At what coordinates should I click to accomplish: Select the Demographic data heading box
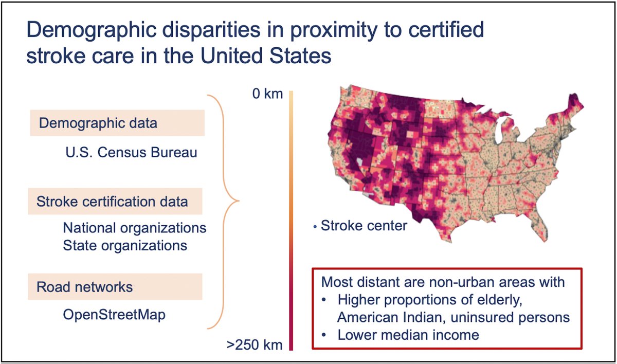(117, 123)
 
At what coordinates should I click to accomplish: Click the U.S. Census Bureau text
(131, 153)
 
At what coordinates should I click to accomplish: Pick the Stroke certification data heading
(116, 202)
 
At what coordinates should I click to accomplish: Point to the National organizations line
(135, 227)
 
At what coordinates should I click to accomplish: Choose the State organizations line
(125, 245)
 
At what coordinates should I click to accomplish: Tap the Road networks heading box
(115, 287)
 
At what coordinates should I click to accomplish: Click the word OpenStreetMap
(114, 314)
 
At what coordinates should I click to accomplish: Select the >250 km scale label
(255, 344)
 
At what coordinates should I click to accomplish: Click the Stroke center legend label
(364, 225)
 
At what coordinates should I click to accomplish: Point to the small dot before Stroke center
(315, 226)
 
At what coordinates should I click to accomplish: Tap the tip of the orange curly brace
(239, 201)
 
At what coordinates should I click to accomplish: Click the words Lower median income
(408, 335)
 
